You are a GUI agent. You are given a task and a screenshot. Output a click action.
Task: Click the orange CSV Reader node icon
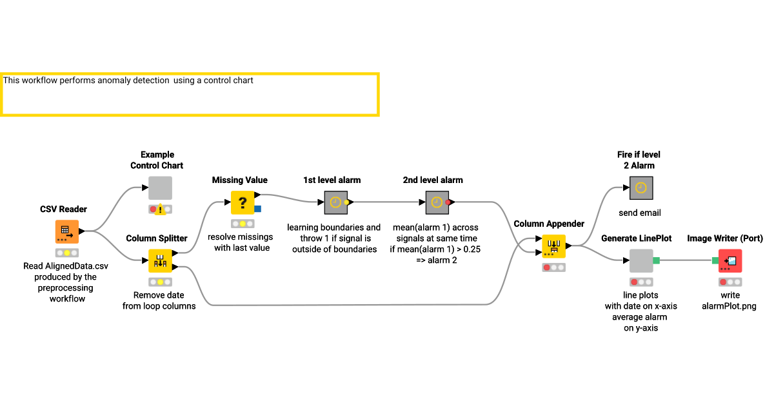(66, 231)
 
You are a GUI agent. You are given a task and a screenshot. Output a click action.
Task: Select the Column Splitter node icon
(161, 261)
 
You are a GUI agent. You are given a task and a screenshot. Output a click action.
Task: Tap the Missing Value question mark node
(243, 202)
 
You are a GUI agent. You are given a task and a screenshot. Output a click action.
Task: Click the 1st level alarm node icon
(335, 202)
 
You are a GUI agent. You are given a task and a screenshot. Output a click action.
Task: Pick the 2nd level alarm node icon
(437, 202)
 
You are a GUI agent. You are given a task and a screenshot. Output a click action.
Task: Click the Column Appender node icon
(553, 246)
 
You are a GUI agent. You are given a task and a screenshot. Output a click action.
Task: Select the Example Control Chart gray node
(161, 188)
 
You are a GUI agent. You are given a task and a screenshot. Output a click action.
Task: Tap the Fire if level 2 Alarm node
(640, 188)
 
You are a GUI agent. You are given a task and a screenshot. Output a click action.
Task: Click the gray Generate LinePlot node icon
(640, 261)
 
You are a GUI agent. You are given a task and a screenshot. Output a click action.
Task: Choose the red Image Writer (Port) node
(730, 261)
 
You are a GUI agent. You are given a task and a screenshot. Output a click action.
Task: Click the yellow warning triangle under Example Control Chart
(160, 209)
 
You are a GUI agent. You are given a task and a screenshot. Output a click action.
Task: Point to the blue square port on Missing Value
(258, 209)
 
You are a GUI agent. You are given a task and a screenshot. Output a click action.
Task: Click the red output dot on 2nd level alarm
(448, 202)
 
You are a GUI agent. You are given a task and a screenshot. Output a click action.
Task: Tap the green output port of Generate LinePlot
(657, 260)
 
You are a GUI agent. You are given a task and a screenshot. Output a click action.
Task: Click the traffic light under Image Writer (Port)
(730, 282)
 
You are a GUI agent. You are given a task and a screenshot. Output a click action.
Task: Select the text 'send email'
(639, 213)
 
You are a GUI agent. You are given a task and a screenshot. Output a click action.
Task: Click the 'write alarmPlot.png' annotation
(729, 301)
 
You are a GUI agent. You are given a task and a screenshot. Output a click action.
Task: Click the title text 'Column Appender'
(549, 224)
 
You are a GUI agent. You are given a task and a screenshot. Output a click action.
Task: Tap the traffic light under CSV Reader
(66, 253)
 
